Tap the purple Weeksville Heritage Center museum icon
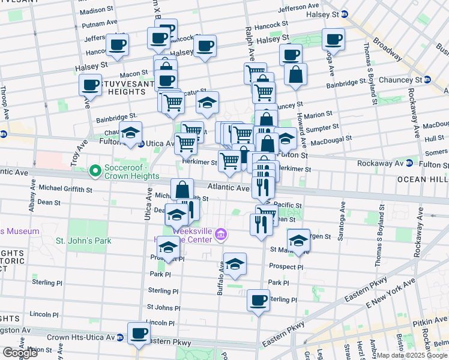coord(220,233)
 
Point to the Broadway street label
coord(387,44)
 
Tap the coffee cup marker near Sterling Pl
coord(259,299)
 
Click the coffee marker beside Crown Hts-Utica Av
coord(139,332)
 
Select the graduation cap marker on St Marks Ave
coord(299,239)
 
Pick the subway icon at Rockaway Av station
coord(409,163)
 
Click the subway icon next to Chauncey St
coord(427,80)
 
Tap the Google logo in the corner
coord(20,353)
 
